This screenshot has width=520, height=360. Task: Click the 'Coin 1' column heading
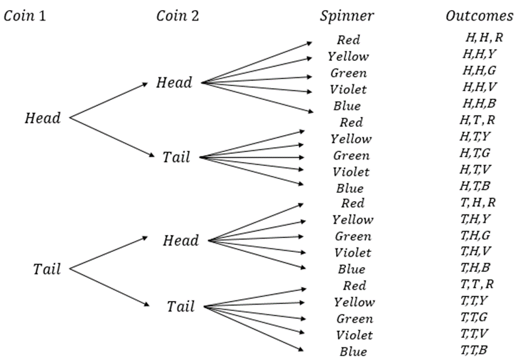click(24, 16)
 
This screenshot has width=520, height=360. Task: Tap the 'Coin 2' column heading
click(178, 16)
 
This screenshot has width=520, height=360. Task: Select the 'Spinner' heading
click(347, 16)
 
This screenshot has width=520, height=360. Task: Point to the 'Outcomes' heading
click(479, 16)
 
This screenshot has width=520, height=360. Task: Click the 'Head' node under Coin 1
click(43, 117)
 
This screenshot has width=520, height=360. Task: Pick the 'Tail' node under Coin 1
click(46, 269)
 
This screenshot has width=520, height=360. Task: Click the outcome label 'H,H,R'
click(484, 38)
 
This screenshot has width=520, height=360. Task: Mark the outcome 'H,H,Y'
click(479, 54)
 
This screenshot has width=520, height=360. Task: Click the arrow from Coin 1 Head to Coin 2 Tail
click(112, 137)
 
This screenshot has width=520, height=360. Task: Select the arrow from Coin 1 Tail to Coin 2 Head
click(109, 253)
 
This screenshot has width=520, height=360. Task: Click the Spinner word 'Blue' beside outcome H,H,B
click(347, 106)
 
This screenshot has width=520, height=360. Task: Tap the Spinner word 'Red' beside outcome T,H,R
click(353, 203)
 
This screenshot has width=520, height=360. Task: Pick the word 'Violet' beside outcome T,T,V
click(354, 335)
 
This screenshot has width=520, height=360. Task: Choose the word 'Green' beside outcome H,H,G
click(349, 73)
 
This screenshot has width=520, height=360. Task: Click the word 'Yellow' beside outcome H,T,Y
click(351, 139)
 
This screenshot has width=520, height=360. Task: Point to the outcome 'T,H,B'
click(475, 268)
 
